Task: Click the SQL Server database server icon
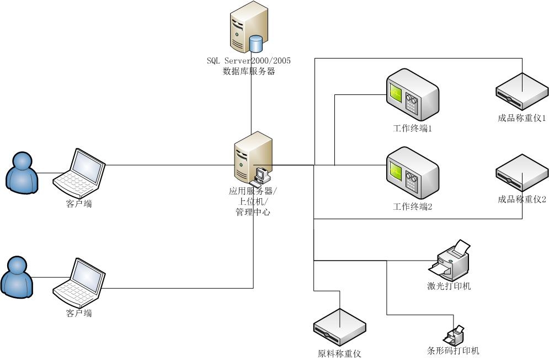click(x=249, y=27)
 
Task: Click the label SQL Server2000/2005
click(x=249, y=60)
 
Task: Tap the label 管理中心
click(x=253, y=211)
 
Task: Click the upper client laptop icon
click(x=79, y=173)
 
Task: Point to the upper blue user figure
click(x=22, y=172)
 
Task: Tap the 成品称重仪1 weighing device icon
click(x=521, y=92)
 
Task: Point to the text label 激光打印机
click(x=449, y=286)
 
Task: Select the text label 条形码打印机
click(x=454, y=351)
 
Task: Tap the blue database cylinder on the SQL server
click(x=256, y=44)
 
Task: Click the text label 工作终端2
click(x=412, y=207)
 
